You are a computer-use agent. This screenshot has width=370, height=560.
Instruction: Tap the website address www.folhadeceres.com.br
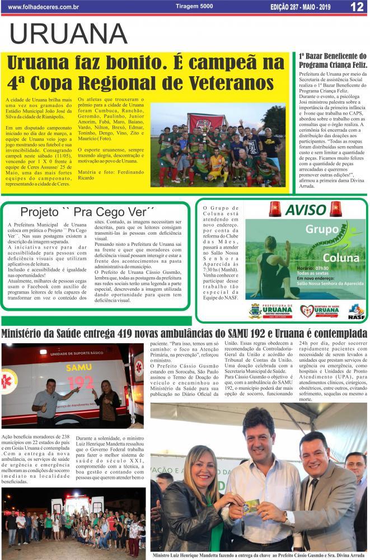[x=44, y=7]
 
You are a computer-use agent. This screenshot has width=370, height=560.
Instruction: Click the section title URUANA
[x=68, y=35]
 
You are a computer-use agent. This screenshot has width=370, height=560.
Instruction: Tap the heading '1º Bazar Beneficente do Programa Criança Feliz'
[x=332, y=60]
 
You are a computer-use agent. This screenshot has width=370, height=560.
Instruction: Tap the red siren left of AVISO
[x=275, y=209]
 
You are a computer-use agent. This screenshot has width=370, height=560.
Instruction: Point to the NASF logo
[x=356, y=311]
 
